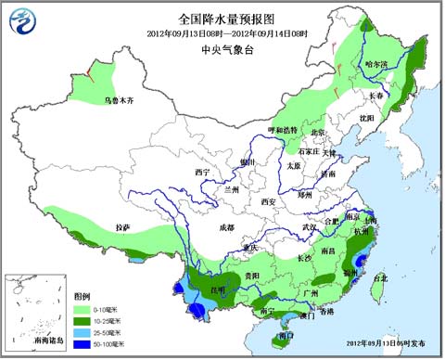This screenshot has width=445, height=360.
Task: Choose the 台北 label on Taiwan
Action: (x=381, y=277)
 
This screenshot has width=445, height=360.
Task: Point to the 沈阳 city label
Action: (x=368, y=118)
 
